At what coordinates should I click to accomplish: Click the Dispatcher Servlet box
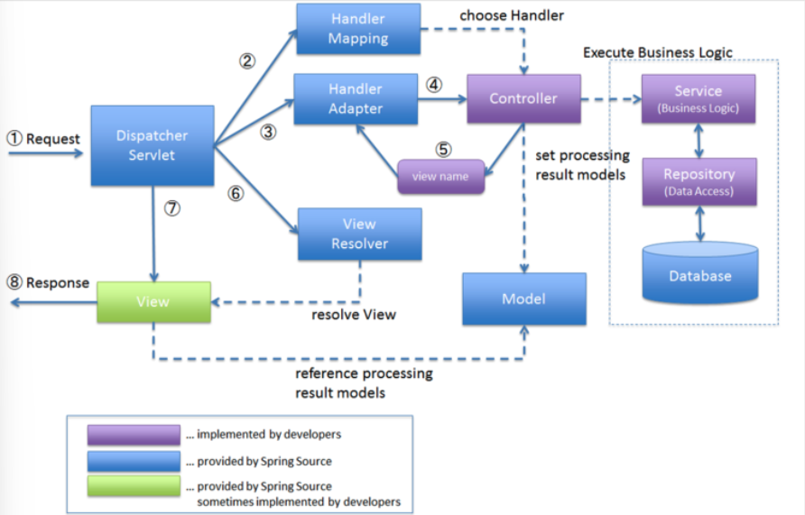(153, 146)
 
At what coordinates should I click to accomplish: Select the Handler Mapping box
(358, 29)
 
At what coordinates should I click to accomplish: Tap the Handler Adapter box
(356, 99)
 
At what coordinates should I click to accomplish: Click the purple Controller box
(523, 98)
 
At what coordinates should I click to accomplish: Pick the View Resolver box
(360, 234)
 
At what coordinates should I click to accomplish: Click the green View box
(153, 302)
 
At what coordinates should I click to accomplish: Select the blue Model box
(524, 299)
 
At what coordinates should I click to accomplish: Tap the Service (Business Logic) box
(699, 98)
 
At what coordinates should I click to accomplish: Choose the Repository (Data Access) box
(699, 181)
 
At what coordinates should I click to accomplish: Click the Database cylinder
(700, 272)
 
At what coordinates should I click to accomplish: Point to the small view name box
(441, 177)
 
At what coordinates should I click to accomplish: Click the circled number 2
(247, 61)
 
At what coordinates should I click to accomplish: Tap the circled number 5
(444, 149)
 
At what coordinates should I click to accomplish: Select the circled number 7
(172, 208)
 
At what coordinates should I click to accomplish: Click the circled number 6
(236, 193)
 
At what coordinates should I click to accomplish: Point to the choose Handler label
(512, 16)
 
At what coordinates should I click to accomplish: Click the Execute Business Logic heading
(658, 52)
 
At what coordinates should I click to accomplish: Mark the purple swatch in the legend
(134, 435)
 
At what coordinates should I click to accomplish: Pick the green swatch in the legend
(134, 486)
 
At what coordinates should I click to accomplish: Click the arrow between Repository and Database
(699, 224)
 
